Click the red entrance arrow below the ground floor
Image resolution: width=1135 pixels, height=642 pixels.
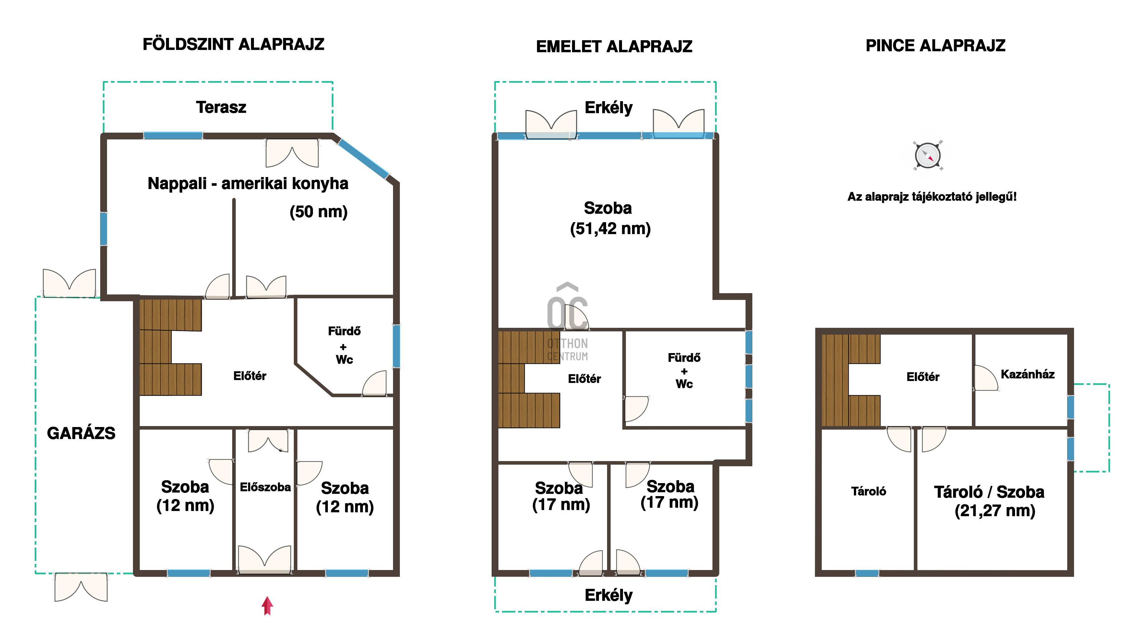point(267,605)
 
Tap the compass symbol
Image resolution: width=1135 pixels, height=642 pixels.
point(928,156)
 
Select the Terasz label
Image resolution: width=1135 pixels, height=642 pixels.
point(221,107)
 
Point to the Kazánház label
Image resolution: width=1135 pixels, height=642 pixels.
point(1027,374)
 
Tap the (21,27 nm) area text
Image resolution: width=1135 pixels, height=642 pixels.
point(995,511)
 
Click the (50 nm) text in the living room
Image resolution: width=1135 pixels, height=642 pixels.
point(318,212)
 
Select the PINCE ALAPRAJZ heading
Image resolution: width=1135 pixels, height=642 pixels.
point(935,45)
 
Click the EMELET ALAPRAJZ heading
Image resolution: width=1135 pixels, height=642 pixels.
point(614,46)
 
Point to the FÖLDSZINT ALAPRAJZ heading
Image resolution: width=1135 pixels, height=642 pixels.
point(233,44)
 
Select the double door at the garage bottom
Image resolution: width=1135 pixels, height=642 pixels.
point(81,587)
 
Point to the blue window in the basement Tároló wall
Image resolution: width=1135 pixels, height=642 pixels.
point(867,573)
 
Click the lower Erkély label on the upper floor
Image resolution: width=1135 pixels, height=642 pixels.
point(608,595)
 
